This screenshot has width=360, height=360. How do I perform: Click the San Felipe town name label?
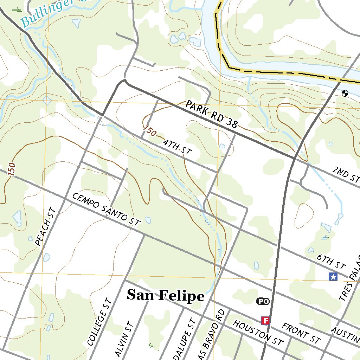(165, 296)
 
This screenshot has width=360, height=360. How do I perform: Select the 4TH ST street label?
(177, 147)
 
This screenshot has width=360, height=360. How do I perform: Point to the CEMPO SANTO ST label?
(106, 209)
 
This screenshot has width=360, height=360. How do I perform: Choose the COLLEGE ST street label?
(99, 322)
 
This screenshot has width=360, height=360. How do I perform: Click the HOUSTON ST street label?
(258, 333)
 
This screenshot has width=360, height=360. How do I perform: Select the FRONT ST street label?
(301, 334)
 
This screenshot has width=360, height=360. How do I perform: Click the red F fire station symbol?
(265, 320)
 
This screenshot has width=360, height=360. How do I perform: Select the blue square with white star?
(333, 277)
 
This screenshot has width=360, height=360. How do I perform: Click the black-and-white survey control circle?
(345, 93)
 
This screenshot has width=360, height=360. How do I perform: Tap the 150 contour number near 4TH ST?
(149, 131)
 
